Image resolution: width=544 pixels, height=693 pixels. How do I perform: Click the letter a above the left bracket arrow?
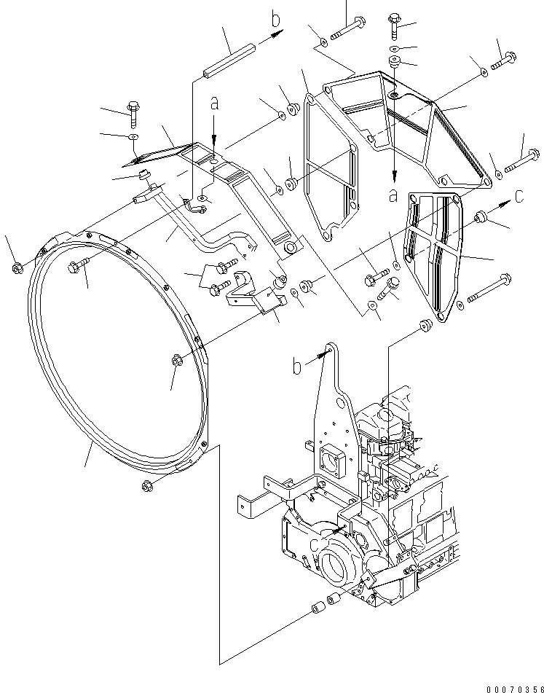(x=214, y=104)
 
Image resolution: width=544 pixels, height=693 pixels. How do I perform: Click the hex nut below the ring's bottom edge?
(x=144, y=486)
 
